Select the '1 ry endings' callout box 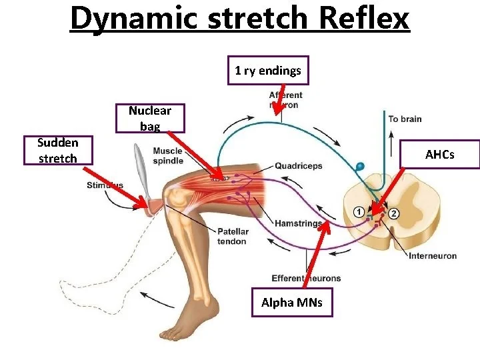[x=268, y=70]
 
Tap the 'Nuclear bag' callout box [x=150, y=118]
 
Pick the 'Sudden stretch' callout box [x=57, y=150]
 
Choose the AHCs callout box [x=439, y=155]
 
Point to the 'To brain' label [x=405, y=119]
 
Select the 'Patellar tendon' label [x=233, y=236]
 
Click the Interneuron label [x=432, y=256]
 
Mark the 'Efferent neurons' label [x=306, y=278]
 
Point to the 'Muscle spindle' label [x=167, y=155]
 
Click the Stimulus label [x=105, y=185]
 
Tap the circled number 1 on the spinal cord [x=359, y=212]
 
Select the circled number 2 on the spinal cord [x=394, y=213]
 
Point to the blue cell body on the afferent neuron [x=360, y=165]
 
